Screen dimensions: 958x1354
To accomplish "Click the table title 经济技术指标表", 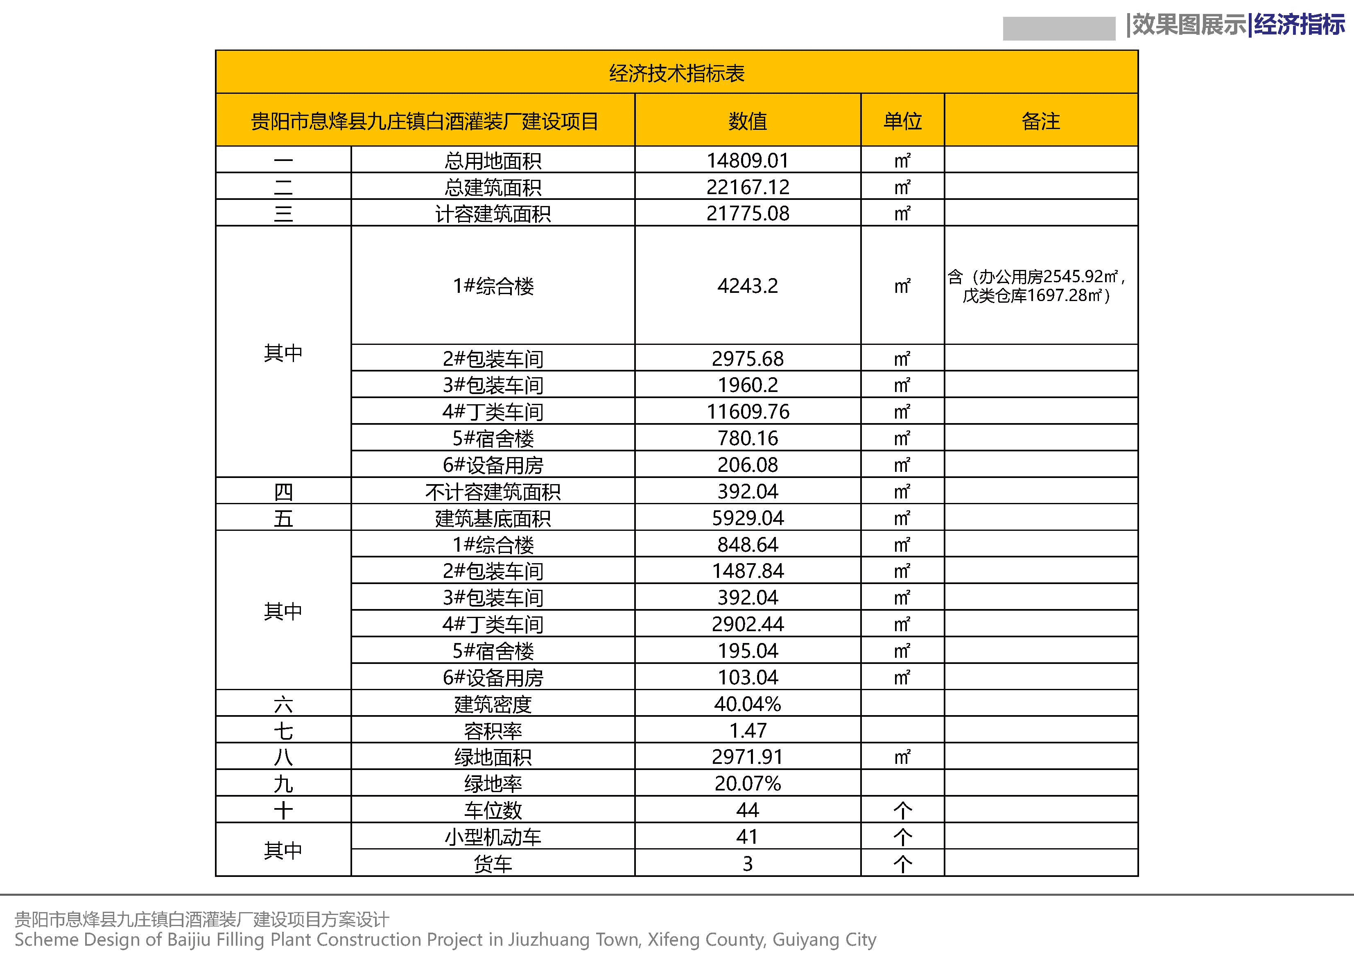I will pyautogui.click(x=676, y=73).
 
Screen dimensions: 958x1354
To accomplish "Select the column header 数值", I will pyautogui.click(x=747, y=121).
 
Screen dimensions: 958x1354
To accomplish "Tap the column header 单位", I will pyautogui.click(x=902, y=121).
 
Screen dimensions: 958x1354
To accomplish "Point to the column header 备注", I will pyautogui.click(x=1040, y=121).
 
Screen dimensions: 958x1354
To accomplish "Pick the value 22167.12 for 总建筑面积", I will pyautogui.click(x=747, y=187).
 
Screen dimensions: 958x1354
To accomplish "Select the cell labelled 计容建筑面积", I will pyautogui.click(x=493, y=213).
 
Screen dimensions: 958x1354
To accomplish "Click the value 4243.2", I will pyautogui.click(x=747, y=286).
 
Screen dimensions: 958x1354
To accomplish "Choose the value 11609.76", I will pyautogui.click(x=747, y=412).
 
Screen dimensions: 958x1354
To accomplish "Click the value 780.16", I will pyautogui.click(x=747, y=438).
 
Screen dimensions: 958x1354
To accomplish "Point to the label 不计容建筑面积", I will pyautogui.click(x=493, y=492).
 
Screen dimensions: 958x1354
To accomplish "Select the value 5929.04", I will pyautogui.click(x=747, y=518).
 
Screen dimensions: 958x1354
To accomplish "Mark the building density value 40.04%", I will pyautogui.click(x=747, y=704).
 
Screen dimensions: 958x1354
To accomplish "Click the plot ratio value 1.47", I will pyautogui.click(x=747, y=731).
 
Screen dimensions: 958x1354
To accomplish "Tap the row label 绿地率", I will pyautogui.click(x=493, y=784).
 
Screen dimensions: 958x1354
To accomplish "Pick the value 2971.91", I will pyautogui.click(x=747, y=757).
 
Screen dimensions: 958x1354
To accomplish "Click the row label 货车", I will pyautogui.click(x=493, y=864).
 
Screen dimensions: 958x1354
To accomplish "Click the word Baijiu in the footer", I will pyautogui.click(x=189, y=940).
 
